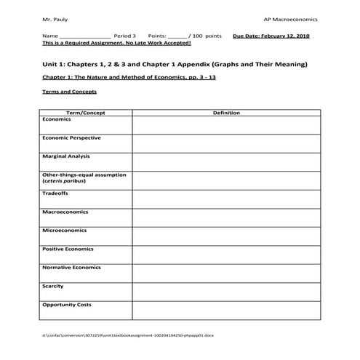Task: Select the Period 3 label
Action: tap(125, 35)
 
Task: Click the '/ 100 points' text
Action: tap(205, 35)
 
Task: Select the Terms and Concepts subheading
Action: tap(70, 92)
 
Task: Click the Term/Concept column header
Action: tap(86, 113)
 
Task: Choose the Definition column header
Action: tap(225, 113)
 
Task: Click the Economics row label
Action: tap(56, 119)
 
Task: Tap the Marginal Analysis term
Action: tap(68, 156)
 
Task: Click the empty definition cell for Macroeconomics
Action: tap(225, 216)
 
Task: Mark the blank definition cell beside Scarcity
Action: tap(225, 291)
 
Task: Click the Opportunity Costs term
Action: tap(67, 305)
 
